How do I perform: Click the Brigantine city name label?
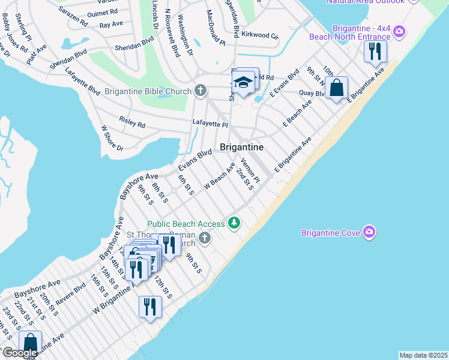242,147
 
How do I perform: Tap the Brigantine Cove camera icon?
369,232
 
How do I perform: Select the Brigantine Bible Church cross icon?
200,91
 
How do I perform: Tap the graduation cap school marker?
243,83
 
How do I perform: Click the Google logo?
20,353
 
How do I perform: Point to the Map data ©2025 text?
423,355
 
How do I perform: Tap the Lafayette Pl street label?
210,123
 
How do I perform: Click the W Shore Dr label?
112,138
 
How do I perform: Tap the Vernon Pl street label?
250,171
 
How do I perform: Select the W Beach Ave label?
219,176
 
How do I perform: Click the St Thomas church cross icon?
205,239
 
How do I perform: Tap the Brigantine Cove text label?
330,232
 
